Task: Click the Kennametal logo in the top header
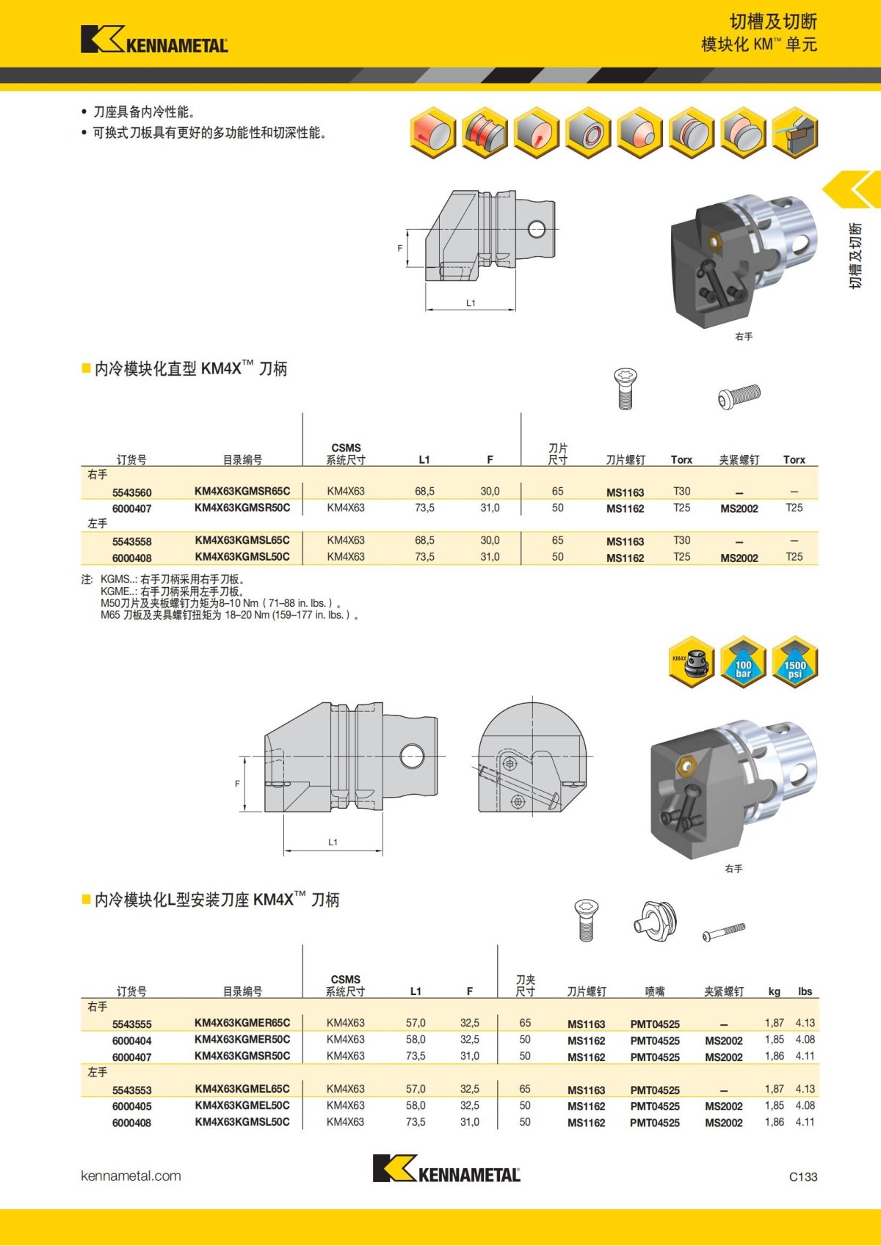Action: pos(154,40)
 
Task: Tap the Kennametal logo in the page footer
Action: pos(446,1168)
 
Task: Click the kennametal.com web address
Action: pos(131,1176)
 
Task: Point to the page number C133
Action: pos(802,1176)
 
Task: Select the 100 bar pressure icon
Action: pos(743,662)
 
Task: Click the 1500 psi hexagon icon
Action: pos(794,662)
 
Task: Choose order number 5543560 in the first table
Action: pos(132,492)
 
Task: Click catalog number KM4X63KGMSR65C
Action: pos(242,491)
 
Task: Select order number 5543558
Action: pos(132,542)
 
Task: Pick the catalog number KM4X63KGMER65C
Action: pos(242,1022)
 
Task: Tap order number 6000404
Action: pos(132,1041)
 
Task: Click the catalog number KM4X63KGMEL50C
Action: pos(242,1105)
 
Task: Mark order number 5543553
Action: pos(132,1090)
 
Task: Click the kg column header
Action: pos(774,991)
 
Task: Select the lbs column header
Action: pos(805,991)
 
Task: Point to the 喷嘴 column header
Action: pos(654,991)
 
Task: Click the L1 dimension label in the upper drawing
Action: pos(471,303)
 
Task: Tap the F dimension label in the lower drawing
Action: pos(237,784)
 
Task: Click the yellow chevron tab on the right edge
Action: pos(853,190)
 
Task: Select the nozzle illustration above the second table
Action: pos(655,920)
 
